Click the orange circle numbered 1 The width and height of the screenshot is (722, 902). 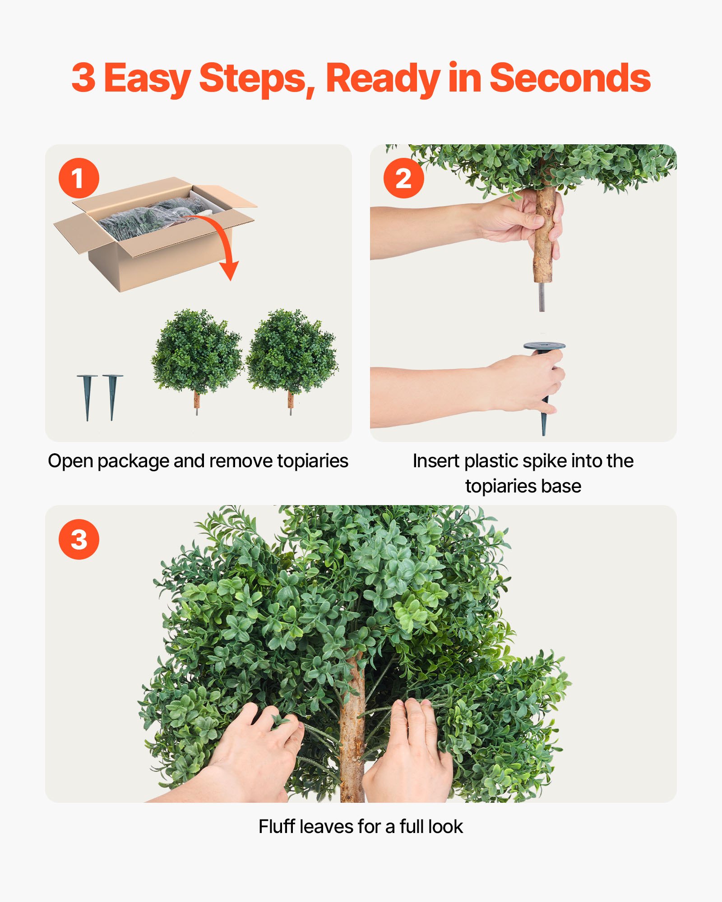tap(79, 178)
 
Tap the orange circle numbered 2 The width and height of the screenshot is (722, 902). tap(403, 178)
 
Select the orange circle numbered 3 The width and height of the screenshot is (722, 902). tap(79, 539)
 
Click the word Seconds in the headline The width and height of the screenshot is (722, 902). tap(569, 78)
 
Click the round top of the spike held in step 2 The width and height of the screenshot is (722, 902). tap(544, 346)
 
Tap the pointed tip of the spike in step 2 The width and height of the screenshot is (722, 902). tap(544, 431)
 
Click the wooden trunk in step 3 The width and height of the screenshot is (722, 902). tap(352, 731)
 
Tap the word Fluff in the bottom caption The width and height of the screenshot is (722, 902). tap(276, 827)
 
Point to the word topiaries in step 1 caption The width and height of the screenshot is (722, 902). tap(312, 461)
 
